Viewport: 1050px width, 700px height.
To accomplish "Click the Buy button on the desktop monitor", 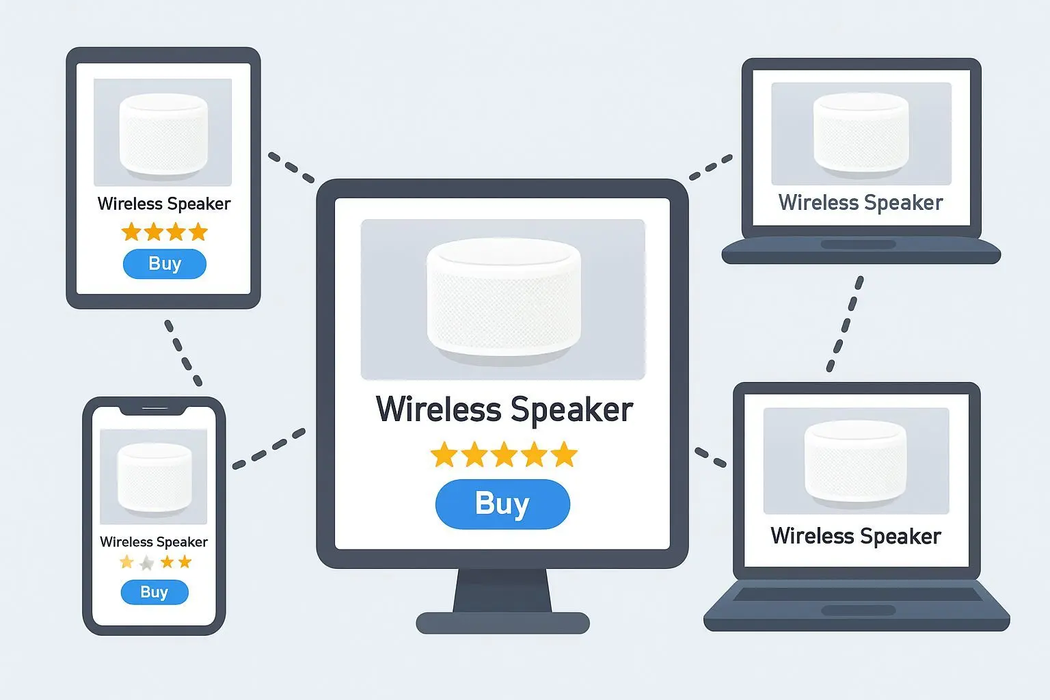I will [x=502, y=504].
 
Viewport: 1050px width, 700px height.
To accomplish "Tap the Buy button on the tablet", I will [x=164, y=264].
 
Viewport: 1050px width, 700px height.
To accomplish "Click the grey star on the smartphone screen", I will [x=146, y=563].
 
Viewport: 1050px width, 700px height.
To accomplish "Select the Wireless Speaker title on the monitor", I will [x=504, y=409].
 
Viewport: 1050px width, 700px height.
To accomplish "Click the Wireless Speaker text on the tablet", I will [x=164, y=204].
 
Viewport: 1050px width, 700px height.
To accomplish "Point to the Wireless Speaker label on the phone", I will [x=154, y=542].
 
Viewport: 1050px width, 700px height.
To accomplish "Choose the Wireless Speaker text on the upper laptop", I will [x=861, y=202].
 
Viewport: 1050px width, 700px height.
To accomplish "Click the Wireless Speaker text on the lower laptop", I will [x=856, y=536].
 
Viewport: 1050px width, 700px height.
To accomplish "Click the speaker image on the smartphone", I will [x=154, y=476].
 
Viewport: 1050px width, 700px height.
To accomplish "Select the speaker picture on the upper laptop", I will [x=861, y=133].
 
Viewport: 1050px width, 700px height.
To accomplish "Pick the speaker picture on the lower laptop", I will [x=856, y=461].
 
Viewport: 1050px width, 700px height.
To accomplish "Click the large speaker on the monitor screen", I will [x=504, y=297].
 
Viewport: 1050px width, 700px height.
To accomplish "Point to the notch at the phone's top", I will [x=154, y=409].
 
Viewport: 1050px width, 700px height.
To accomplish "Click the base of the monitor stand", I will [x=502, y=623].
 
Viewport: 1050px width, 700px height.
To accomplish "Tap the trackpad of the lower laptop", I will [x=858, y=610].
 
